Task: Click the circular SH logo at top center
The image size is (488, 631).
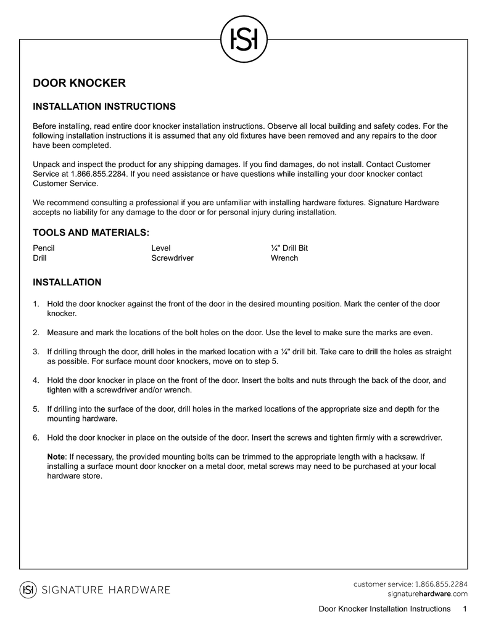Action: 244,39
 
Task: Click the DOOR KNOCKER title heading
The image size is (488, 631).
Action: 79,83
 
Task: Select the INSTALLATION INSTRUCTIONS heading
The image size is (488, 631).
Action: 104,107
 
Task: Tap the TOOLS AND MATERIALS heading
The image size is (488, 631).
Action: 91,232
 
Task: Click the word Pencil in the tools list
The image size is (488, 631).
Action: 44,248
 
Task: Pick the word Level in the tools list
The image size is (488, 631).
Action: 160,248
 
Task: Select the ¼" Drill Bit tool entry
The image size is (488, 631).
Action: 289,248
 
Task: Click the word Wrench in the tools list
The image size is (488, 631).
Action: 284,258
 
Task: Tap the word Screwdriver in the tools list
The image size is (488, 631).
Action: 172,258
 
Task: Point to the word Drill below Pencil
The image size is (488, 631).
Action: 39,258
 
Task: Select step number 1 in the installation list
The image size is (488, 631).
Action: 36,304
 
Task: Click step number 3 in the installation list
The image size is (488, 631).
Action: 36,352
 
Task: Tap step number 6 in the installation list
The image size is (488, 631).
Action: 36,438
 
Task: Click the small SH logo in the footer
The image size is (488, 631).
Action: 28,590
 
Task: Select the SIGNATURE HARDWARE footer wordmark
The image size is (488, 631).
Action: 105,590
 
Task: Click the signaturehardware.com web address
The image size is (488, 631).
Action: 427,593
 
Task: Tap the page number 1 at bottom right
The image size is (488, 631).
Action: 465,609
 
